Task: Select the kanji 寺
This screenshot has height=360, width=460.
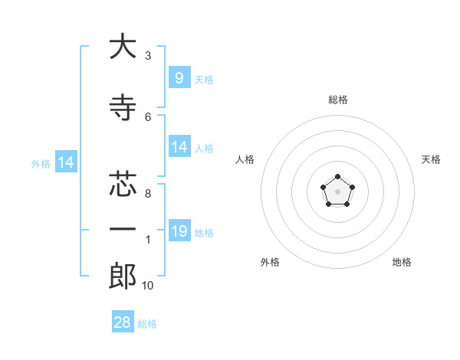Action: (122, 109)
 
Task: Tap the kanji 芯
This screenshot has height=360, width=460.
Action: (122, 184)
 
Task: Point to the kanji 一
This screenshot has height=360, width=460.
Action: (122, 229)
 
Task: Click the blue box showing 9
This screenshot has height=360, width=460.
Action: (179, 77)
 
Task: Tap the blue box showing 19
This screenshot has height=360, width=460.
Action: (179, 231)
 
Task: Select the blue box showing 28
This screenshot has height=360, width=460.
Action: (123, 322)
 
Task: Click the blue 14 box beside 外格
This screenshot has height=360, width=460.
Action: (65, 162)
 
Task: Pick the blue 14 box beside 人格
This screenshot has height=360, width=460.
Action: (179, 147)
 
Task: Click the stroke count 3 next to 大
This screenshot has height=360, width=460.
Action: (147, 56)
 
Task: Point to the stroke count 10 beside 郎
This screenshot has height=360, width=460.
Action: (147, 286)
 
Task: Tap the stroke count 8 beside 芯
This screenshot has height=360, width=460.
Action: (147, 194)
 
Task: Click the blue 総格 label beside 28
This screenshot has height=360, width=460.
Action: (147, 324)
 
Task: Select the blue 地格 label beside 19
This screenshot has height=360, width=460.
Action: (204, 232)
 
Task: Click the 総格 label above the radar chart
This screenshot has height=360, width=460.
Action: (337, 100)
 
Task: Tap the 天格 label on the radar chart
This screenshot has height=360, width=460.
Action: (431, 159)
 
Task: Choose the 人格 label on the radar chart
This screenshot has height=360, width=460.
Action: (245, 159)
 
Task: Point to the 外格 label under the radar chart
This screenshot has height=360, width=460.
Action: (270, 262)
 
